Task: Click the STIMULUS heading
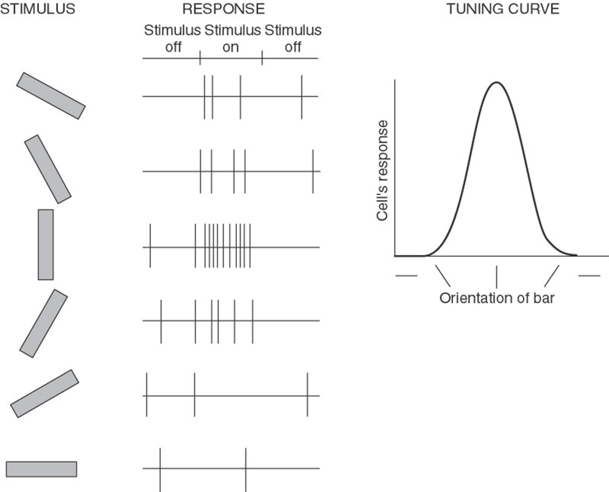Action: (x=38, y=9)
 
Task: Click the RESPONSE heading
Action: (x=224, y=9)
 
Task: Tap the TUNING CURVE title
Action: (x=503, y=9)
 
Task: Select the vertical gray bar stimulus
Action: (x=46, y=244)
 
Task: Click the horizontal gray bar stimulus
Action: (x=41, y=469)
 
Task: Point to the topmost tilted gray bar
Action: (x=51, y=96)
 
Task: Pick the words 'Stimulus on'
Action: (x=232, y=38)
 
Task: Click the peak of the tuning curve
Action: (x=496, y=82)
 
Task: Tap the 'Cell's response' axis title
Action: (x=382, y=170)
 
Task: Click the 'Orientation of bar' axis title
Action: (x=497, y=298)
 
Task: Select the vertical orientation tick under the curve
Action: (x=497, y=277)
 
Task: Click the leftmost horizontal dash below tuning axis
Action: (x=406, y=276)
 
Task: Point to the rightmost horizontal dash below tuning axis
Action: (x=589, y=276)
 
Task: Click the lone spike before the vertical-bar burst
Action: (x=150, y=246)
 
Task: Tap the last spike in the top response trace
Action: (x=302, y=97)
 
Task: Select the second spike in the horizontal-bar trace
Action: (x=246, y=470)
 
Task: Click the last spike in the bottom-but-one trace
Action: (x=308, y=395)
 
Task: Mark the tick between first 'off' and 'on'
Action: (x=200, y=58)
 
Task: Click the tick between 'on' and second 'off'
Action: (x=262, y=58)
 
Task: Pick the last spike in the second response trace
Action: (x=313, y=171)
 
